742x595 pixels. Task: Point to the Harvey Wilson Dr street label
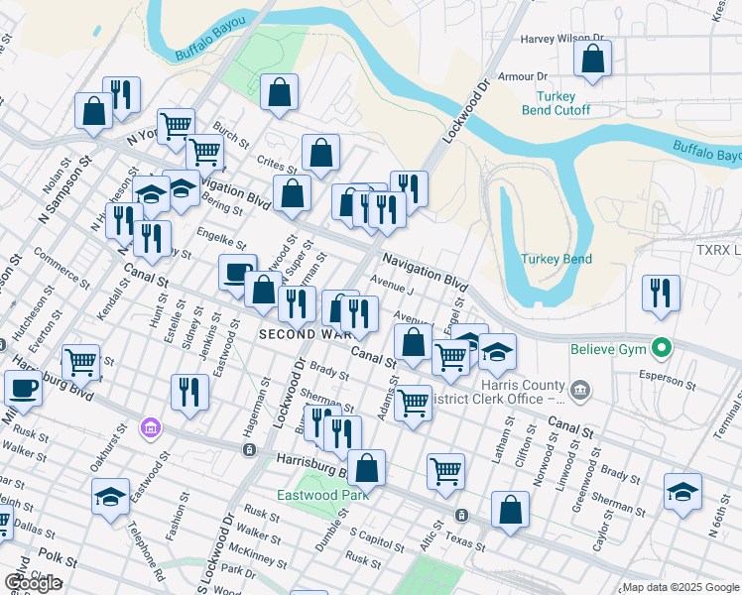(562, 40)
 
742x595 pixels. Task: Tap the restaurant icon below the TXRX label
(661, 294)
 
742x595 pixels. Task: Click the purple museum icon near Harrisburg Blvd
(151, 428)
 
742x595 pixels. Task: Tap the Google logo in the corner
(34, 583)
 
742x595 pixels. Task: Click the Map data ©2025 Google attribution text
(680, 587)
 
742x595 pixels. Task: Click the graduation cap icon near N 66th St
(682, 494)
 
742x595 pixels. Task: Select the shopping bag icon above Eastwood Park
(366, 467)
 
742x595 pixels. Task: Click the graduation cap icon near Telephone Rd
(110, 497)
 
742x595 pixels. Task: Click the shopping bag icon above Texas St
(510, 511)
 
